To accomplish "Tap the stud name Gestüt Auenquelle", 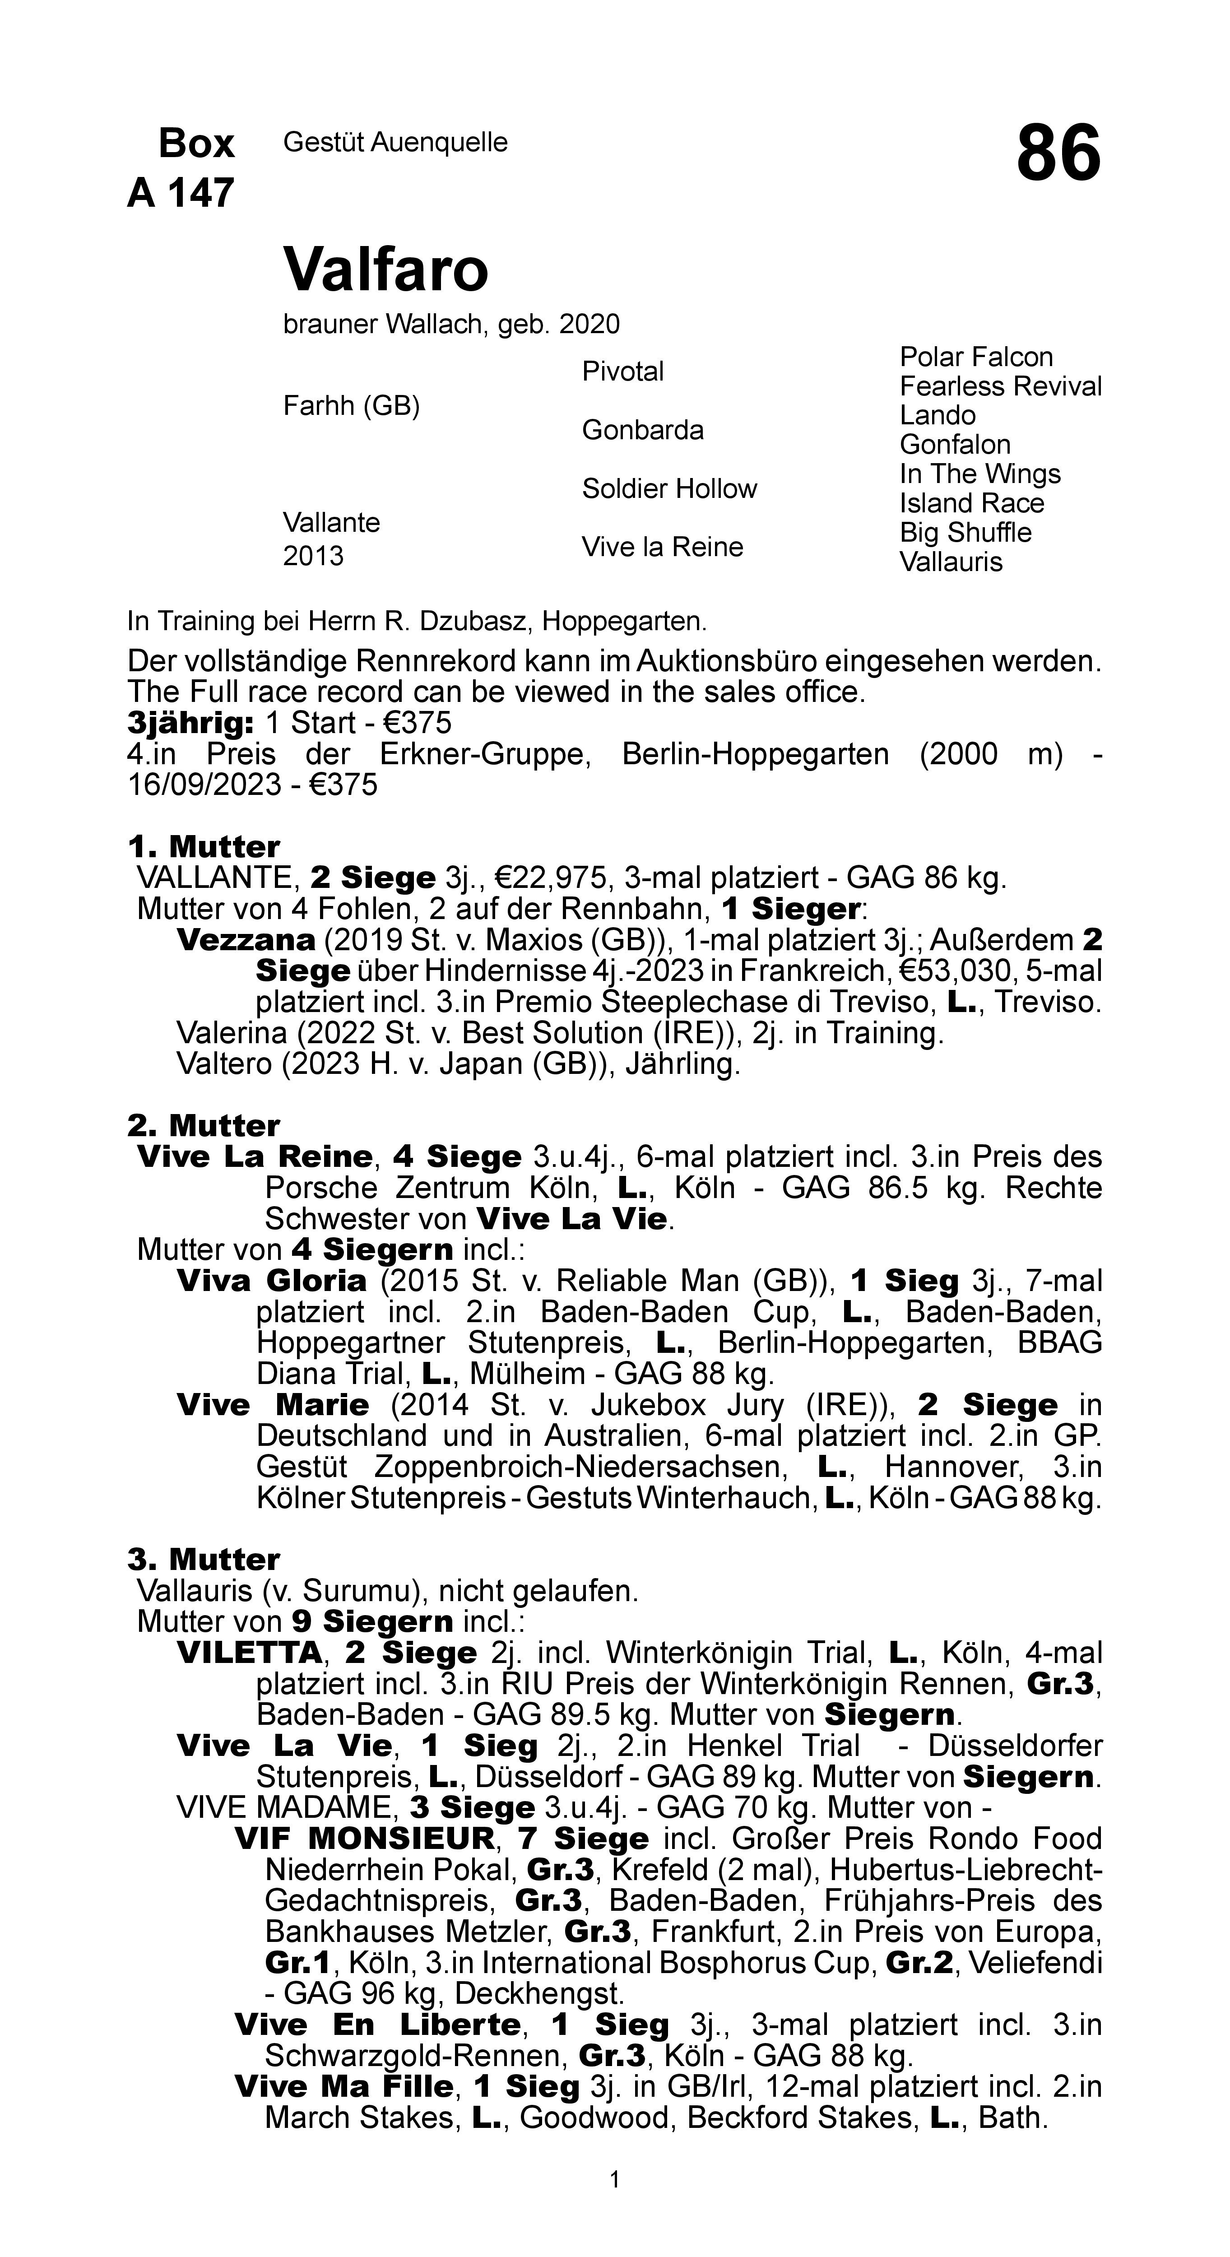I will tap(395, 142).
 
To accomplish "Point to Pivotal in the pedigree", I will tap(623, 372).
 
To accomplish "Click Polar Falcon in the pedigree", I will tap(976, 358).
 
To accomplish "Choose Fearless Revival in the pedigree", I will tap(1000, 386).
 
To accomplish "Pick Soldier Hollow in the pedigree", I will tap(669, 489).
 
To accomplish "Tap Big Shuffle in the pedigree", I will tap(965, 533).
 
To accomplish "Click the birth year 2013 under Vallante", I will tap(313, 557).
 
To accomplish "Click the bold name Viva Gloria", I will tap(272, 1281).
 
